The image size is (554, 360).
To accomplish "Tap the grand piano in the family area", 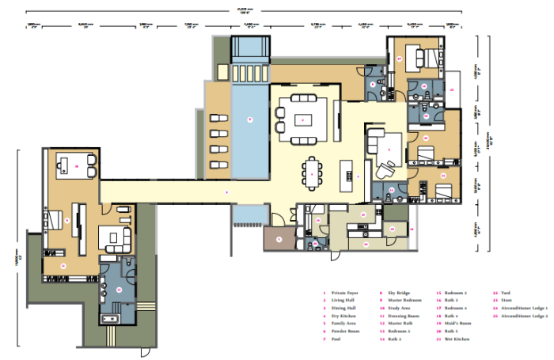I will [388, 167].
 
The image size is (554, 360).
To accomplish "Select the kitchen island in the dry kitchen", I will [346, 174].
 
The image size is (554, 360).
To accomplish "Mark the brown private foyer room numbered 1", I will [278, 238].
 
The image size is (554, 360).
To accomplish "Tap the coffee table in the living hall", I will [302, 120].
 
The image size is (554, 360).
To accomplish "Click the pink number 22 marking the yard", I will [365, 244].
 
